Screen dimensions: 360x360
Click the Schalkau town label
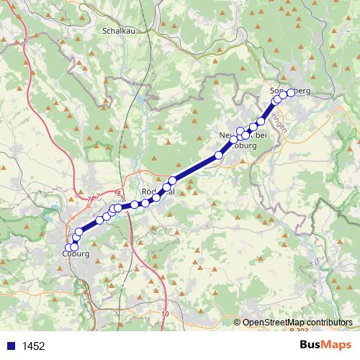pos(119,31)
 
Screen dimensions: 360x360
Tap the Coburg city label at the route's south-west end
pos(76,254)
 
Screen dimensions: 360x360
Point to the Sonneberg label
pos(289,91)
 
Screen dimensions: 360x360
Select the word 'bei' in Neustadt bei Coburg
pos(259,135)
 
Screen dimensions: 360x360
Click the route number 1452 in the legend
pos(34,346)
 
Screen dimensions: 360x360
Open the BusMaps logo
pos(325,345)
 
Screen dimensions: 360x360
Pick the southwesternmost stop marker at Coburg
pos(69,248)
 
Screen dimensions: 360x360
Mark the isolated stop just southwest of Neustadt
pos(219,155)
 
